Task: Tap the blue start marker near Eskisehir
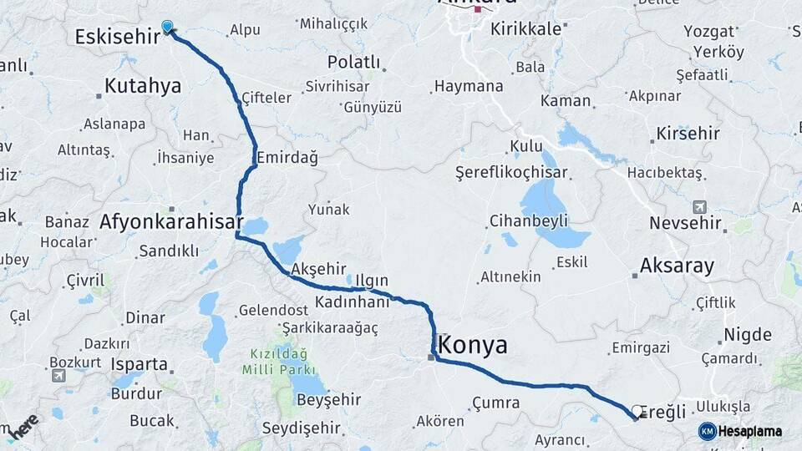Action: pos(168,27)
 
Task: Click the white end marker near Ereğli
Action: pos(638,411)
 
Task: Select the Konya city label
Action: pos(472,344)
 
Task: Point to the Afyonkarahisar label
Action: pos(170,223)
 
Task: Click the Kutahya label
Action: pos(143,85)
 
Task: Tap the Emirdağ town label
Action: pos(287,157)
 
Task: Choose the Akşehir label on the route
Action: pos(318,269)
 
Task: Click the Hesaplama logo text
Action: pos(751,431)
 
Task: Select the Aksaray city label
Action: pos(677,266)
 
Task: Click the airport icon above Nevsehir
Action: pos(699,206)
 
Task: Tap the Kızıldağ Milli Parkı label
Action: pos(279,361)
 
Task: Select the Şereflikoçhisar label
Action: pos(511,173)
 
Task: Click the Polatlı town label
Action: pos(353,63)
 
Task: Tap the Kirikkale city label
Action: pos(525,28)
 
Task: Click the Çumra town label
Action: pos(495,403)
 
